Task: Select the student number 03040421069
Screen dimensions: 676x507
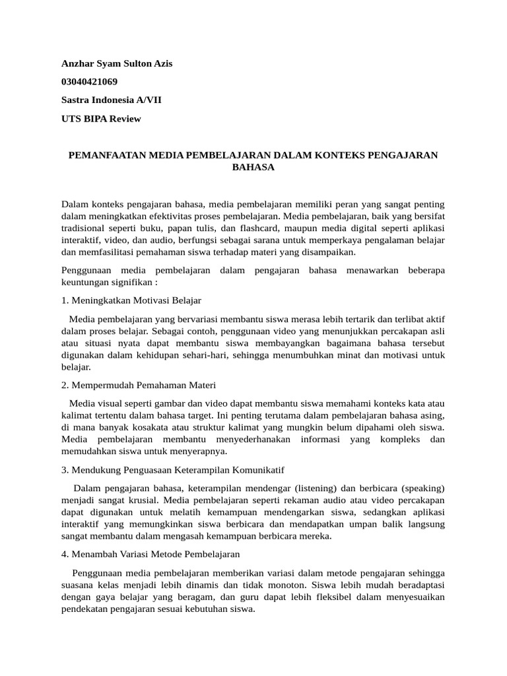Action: [x=90, y=82]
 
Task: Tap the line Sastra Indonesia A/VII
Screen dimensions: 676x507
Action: [x=111, y=100]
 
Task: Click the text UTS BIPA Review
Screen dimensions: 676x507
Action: [x=101, y=119]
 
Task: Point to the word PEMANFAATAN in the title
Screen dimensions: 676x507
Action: [x=107, y=155]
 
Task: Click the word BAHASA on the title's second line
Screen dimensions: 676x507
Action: [x=253, y=168]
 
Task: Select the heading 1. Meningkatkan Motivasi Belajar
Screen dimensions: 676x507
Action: [x=131, y=300]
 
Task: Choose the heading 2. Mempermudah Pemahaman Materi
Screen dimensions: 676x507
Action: [x=139, y=385]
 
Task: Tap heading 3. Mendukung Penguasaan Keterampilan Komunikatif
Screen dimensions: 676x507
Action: [x=172, y=469]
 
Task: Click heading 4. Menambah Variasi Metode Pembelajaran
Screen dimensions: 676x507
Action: [x=151, y=554]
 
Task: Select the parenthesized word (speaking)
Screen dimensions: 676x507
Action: [x=421, y=488]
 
